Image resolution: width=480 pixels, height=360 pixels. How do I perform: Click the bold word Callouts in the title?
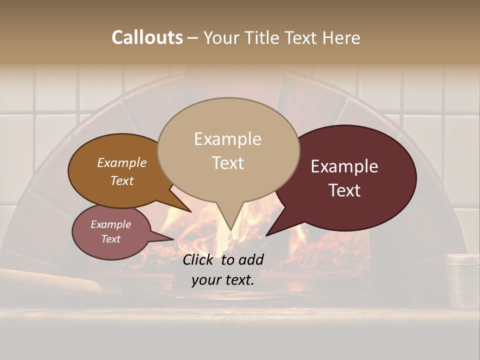[x=147, y=38]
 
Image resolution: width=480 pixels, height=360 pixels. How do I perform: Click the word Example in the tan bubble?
[x=227, y=139]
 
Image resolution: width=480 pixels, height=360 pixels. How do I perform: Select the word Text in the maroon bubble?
[x=344, y=190]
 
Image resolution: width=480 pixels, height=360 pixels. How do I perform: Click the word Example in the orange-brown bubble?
[x=121, y=163]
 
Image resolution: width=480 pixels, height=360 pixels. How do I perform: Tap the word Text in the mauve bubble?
[x=110, y=239]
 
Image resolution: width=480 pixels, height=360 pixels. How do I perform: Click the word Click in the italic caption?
[x=199, y=259]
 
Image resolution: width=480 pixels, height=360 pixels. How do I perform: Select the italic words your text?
[x=222, y=280]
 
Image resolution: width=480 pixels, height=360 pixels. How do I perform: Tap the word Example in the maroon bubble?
[x=344, y=166]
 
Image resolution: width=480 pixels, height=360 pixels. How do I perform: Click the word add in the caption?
[x=251, y=259]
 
